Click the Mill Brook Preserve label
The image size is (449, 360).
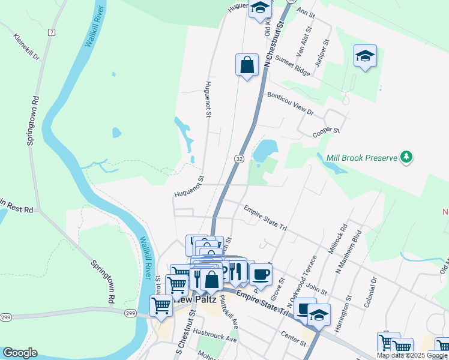[362, 158]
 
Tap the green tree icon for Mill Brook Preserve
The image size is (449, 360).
[407, 157]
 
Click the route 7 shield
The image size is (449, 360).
[52, 32]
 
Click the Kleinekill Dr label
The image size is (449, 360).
[26, 47]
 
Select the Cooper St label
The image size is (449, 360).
[326, 131]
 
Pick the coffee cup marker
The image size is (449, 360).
[261, 275]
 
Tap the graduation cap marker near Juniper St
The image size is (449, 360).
[365, 56]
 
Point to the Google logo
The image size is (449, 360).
[20, 353]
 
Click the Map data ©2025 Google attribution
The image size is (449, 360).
[412, 355]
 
